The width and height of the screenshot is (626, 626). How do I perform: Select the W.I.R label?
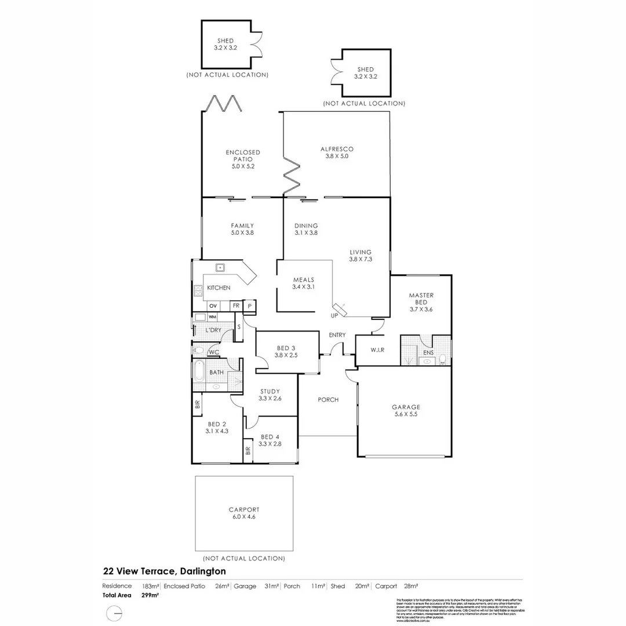tap(377, 350)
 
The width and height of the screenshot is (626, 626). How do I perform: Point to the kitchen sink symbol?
tap(220, 267)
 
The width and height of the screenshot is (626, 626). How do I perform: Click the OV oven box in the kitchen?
tap(213, 305)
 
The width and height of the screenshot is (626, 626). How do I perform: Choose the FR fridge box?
tap(236, 305)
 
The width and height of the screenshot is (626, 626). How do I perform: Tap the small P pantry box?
tap(250, 305)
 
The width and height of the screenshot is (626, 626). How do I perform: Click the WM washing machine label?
tap(212, 317)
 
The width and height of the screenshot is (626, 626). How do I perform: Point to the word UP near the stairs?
tap(334, 316)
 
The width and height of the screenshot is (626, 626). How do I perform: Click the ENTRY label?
tap(337, 335)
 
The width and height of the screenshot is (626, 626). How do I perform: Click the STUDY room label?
tap(270, 391)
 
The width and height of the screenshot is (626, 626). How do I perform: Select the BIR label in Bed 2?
tap(198, 405)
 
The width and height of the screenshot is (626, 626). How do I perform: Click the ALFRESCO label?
tap(337, 149)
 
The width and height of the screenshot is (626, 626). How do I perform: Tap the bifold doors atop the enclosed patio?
tap(221, 105)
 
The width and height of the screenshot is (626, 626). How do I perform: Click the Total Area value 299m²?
tap(150, 595)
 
